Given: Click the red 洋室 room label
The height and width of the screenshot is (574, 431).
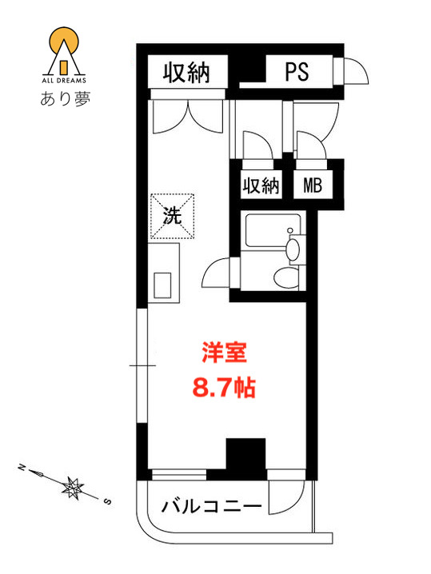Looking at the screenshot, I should coord(224,353).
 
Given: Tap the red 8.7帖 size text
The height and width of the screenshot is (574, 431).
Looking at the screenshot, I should coord(224,389).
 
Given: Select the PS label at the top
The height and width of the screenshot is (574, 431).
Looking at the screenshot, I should coord(297,72).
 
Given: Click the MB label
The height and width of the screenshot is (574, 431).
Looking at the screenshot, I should coord(312,186).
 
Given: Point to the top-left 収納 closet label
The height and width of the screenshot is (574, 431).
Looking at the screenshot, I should coord(186,73).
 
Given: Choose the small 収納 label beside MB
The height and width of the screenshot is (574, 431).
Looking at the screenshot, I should coord(260,186).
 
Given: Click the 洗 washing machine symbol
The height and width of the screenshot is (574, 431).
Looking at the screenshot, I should coord(172,215).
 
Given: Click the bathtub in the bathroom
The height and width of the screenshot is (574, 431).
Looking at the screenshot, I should coord(265,232).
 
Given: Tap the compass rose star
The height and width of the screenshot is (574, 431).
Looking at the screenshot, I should coord(74,485).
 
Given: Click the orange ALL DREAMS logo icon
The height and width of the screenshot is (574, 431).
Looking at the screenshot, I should coord(62,50).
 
